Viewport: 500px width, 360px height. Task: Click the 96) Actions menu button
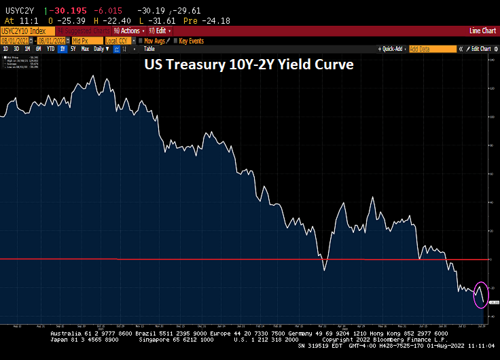click(x=127, y=31)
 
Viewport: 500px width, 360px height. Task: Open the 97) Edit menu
click(x=158, y=31)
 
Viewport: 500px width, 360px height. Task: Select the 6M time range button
click(x=39, y=49)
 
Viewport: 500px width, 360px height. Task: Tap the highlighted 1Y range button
click(x=63, y=49)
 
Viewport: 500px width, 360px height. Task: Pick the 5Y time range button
click(x=73, y=49)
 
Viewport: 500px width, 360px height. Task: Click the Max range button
click(x=85, y=49)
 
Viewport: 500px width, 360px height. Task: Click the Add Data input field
click(x=432, y=49)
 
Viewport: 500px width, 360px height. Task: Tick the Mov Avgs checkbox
click(x=141, y=40)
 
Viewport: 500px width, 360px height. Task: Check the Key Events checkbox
click(x=175, y=40)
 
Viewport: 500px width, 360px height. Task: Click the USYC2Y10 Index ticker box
click(x=27, y=31)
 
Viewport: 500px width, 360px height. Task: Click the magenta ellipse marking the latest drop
click(x=480, y=293)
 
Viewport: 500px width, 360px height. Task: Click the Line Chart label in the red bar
click(x=482, y=31)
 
